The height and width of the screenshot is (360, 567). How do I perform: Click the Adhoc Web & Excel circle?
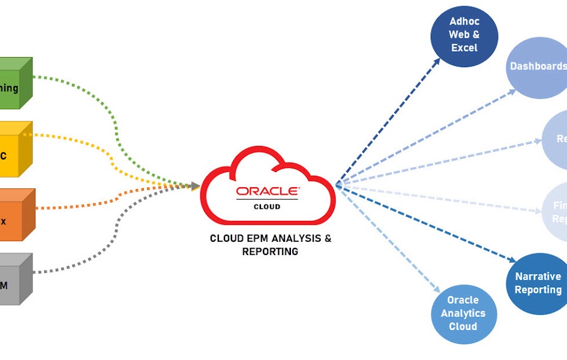point(464,34)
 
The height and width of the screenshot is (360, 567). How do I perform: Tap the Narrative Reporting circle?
point(538,283)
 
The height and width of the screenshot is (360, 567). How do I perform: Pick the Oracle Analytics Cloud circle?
point(463,313)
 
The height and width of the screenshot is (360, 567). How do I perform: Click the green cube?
point(15,84)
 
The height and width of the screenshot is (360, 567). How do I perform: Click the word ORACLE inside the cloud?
point(267,191)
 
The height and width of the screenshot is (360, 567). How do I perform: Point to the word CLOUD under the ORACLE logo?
point(267,206)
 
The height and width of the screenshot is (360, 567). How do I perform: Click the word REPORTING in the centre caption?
point(270,252)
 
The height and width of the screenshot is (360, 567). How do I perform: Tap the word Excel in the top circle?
point(464,47)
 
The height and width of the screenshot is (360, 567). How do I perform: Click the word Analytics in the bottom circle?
point(463,313)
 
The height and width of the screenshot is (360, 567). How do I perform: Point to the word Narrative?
point(538,277)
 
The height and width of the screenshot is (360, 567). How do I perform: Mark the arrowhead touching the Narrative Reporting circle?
point(512,260)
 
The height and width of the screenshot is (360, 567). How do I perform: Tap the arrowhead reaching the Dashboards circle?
point(512,91)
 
